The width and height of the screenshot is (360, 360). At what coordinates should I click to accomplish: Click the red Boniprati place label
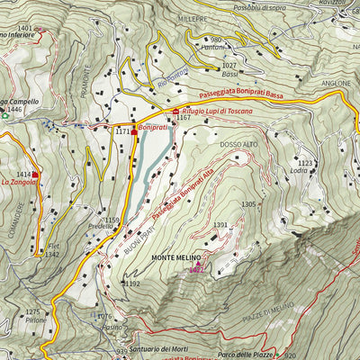(155, 129)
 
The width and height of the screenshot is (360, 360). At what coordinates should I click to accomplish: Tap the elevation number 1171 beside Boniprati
(122, 132)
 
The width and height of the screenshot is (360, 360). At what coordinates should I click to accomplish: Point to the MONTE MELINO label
(176, 258)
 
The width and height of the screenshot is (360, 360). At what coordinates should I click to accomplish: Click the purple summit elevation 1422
(197, 268)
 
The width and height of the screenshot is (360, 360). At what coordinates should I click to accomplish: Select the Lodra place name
(299, 171)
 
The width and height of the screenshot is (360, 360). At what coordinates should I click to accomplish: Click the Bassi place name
(229, 76)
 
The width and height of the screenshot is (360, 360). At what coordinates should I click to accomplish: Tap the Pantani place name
(213, 49)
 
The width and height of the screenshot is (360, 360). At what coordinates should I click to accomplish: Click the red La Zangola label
(19, 182)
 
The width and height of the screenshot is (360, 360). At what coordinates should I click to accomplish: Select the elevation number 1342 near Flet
(52, 256)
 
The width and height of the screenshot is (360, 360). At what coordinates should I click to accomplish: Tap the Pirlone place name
(36, 319)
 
